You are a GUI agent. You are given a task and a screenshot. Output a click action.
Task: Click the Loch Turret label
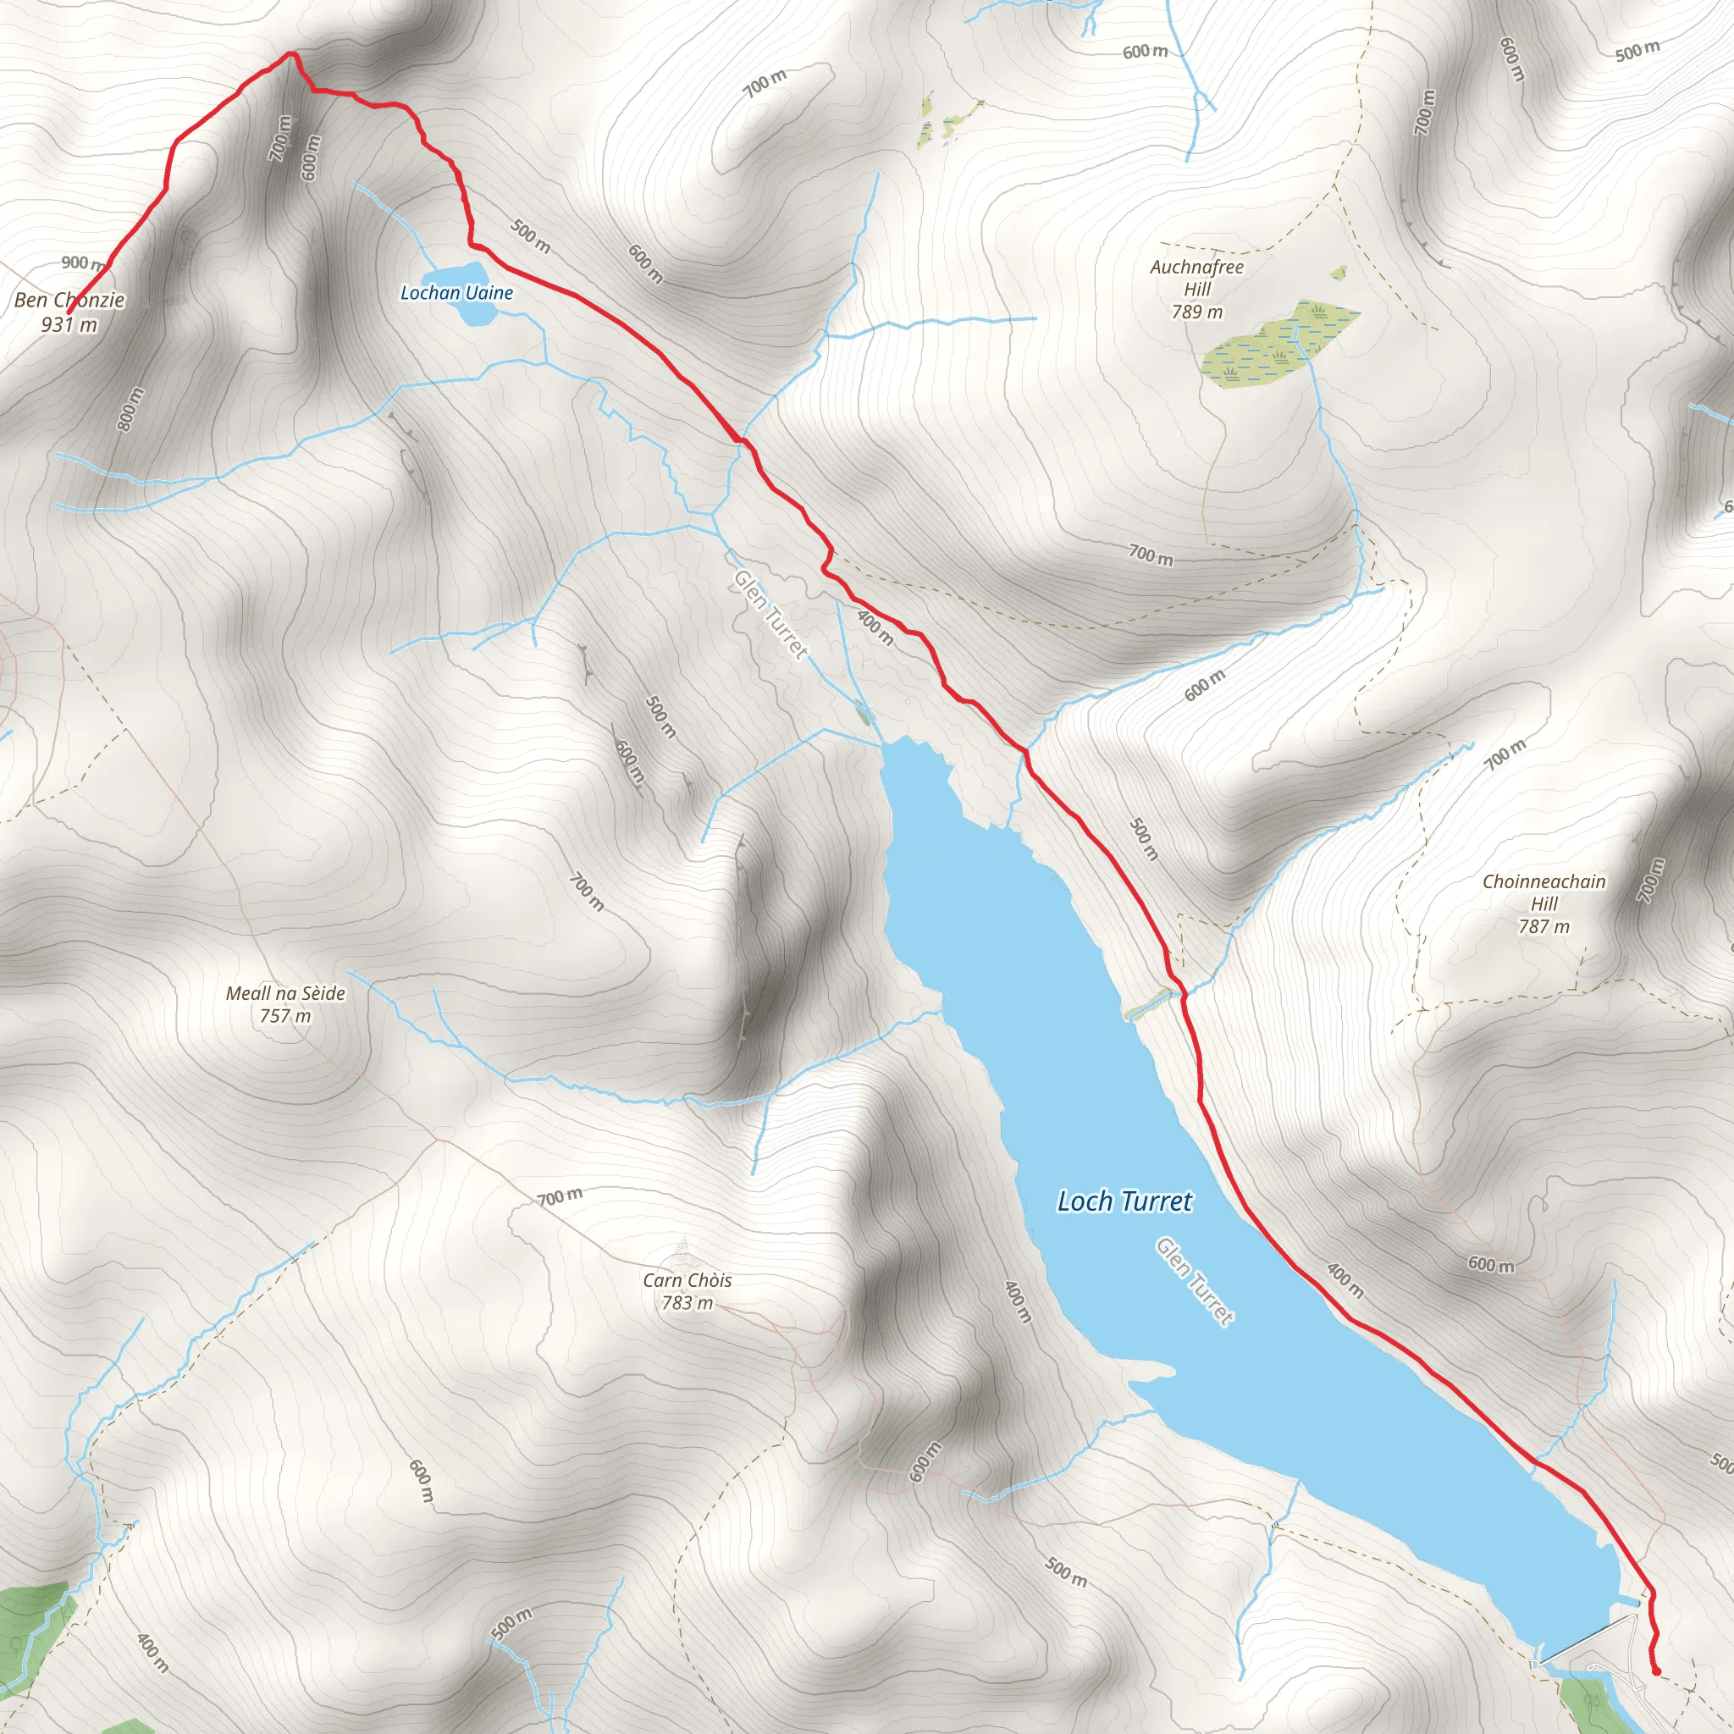[x=1124, y=1201]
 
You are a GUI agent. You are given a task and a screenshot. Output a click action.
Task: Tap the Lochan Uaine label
[x=456, y=293]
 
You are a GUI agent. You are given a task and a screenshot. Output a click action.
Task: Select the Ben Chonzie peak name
[x=69, y=300]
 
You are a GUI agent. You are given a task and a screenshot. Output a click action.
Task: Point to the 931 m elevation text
[x=69, y=324]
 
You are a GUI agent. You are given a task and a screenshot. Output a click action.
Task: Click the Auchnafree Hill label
[x=1196, y=278]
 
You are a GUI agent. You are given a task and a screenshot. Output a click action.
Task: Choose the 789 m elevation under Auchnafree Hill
[x=1196, y=312]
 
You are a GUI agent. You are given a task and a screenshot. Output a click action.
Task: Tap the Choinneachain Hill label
[x=1543, y=892]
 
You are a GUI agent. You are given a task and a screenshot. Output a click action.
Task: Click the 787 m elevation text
[x=1543, y=926]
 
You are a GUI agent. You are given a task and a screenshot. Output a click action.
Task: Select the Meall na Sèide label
[x=285, y=992]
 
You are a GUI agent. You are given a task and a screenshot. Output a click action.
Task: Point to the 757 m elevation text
[x=285, y=1015]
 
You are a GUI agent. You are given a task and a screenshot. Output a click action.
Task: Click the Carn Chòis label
[x=687, y=1280]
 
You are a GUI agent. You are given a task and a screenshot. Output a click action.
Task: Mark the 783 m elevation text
[x=687, y=1302]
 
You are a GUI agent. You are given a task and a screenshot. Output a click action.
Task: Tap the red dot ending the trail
[x=1656, y=1670]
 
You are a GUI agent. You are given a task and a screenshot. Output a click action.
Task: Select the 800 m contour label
[x=131, y=408]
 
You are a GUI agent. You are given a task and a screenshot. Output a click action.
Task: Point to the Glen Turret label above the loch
[x=770, y=614]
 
